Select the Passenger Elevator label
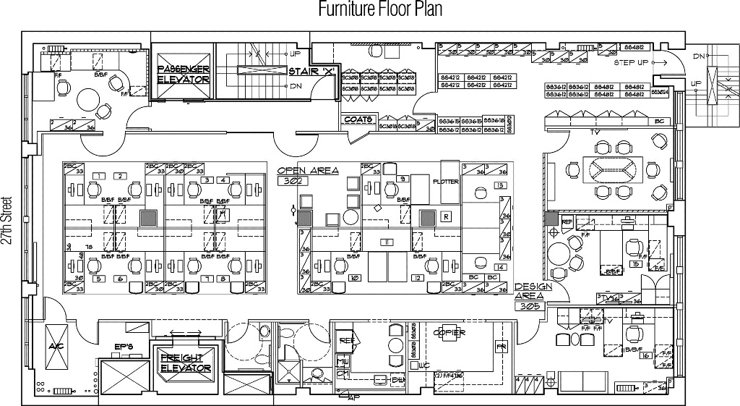[x=184, y=74]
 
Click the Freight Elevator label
[x=185, y=363]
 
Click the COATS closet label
[x=358, y=119]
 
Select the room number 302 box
[x=295, y=182]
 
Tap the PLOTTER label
[x=445, y=182]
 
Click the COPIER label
[x=448, y=333]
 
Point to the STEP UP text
[x=631, y=63]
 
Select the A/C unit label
[x=56, y=346]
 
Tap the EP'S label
[x=124, y=347]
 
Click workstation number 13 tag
[x=500, y=186]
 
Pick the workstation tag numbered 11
[x=388, y=242]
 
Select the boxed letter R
[x=447, y=216]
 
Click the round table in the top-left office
[x=90, y=99]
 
